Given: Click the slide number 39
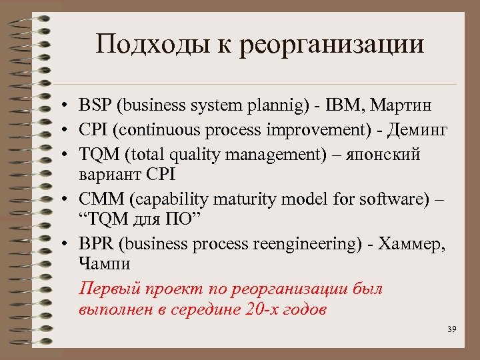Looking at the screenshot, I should click(451, 330).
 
